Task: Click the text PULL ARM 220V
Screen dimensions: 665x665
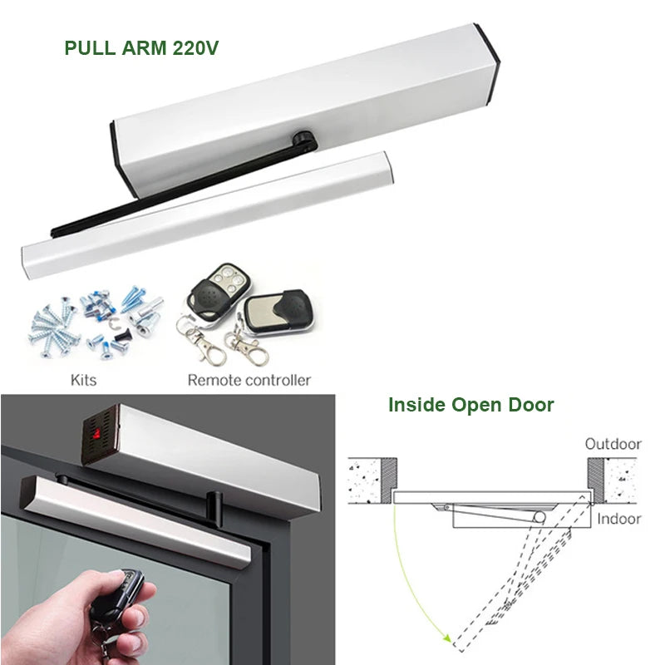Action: click(x=141, y=47)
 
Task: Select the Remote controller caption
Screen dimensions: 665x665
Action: click(x=249, y=380)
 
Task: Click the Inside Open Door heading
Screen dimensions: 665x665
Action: click(x=470, y=406)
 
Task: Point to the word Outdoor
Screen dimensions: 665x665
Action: click(x=613, y=444)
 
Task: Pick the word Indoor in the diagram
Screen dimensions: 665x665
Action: click(x=619, y=519)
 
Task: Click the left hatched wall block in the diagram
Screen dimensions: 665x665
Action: click(x=370, y=480)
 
